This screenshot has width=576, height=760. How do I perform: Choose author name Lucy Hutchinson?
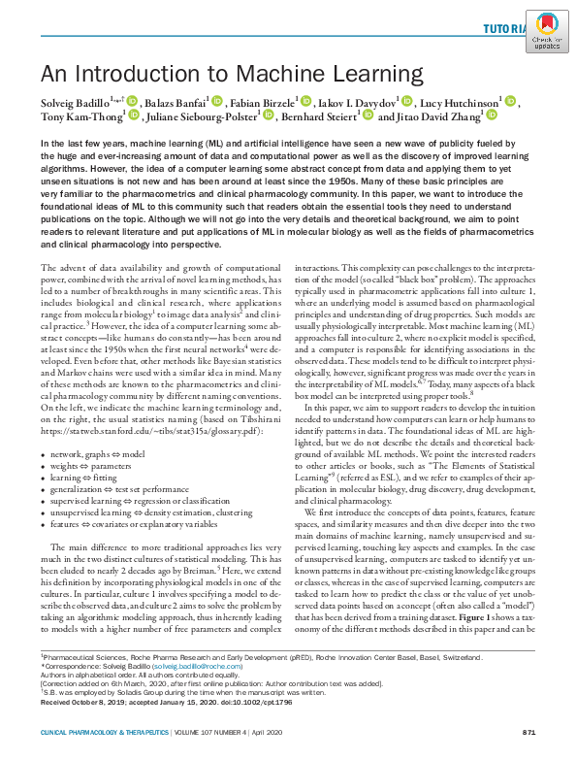pyautogui.click(x=459, y=102)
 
